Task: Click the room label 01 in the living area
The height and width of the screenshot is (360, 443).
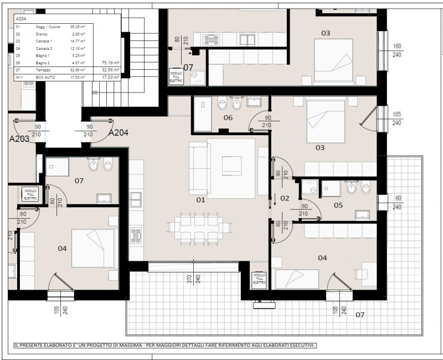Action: [x=200, y=199]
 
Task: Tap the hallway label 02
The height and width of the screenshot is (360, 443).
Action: [x=285, y=198]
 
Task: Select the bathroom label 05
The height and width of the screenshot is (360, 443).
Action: [x=338, y=205]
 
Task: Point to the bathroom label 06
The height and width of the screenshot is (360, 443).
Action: [x=228, y=118]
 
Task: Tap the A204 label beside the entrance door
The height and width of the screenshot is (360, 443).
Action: [x=119, y=133]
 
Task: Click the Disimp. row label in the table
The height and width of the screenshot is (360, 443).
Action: [x=42, y=34]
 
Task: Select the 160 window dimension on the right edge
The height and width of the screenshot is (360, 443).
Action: [x=396, y=47]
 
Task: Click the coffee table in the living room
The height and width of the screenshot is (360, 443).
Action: [x=231, y=165]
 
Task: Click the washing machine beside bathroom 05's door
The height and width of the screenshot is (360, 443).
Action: [x=312, y=189]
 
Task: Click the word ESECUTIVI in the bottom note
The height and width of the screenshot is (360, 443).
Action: [x=297, y=346]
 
